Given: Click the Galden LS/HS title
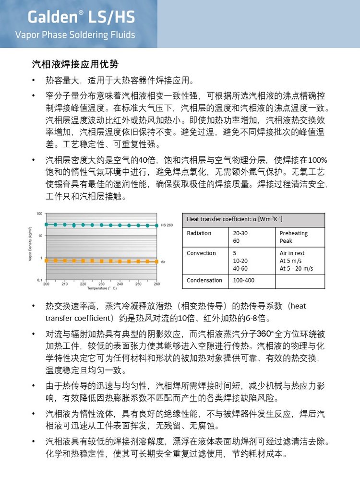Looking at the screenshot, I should pyautogui.click(x=81, y=17).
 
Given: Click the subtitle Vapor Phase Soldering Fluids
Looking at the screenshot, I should pyautogui.click(x=75, y=35).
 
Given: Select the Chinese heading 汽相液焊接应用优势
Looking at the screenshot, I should pyautogui.click(x=75, y=64).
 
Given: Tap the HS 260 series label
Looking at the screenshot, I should pyautogui.click(x=166, y=225).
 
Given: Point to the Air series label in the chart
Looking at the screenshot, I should pyautogui.click(x=163, y=262).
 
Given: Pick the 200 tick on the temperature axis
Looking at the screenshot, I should pyautogui.click(x=46, y=284).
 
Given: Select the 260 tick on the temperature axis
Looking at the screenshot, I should pyautogui.click(x=157, y=284).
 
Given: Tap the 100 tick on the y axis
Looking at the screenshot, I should pyautogui.click(x=39, y=213).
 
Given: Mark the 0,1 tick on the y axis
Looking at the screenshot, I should pyautogui.click(x=39, y=280).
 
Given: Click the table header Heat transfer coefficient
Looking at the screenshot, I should pyautogui.click(x=235, y=220).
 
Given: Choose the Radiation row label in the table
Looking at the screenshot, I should pyautogui.click(x=199, y=233).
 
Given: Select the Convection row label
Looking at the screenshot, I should pyautogui.click(x=201, y=253).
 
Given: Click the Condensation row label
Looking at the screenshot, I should pyautogui.click(x=204, y=280).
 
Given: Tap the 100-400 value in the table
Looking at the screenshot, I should pyautogui.click(x=244, y=280).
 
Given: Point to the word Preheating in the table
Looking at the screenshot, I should pyautogui.click(x=294, y=233).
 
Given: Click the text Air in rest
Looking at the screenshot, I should pyautogui.click(x=292, y=253).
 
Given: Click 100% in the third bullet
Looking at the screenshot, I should pyautogui.click(x=318, y=160).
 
